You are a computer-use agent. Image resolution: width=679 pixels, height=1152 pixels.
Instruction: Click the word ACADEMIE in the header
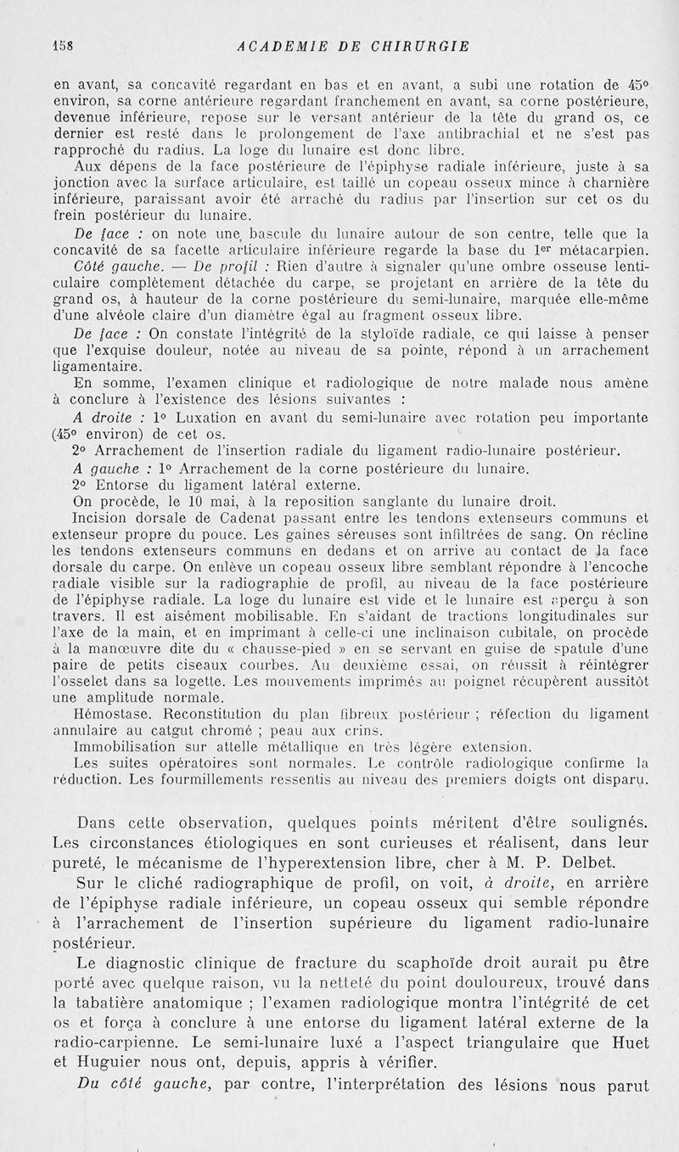280,47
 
